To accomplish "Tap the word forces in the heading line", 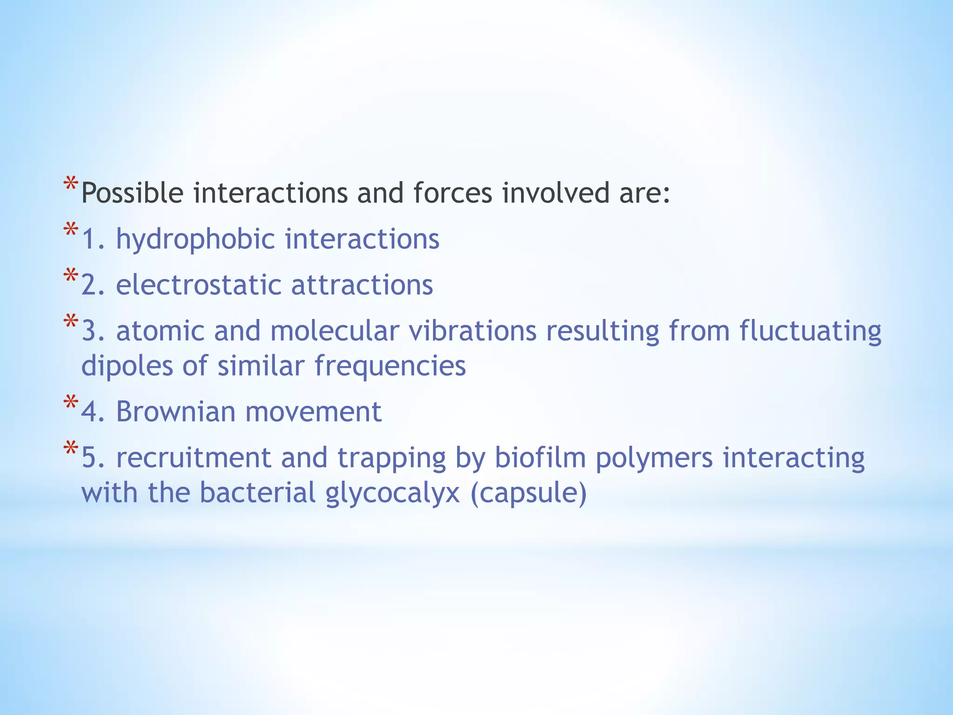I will [x=452, y=193].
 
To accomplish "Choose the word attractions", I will [x=362, y=285].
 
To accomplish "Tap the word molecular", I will [x=335, y=331].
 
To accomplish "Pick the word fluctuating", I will [x=810, y=332].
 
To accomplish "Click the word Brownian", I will [x=175, y=411].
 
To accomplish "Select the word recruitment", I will [x=193, y=458].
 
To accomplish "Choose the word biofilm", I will [x=540, y=458].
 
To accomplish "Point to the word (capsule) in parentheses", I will [x=529, y=493].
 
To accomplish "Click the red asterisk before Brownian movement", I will [x=71, y=403].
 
